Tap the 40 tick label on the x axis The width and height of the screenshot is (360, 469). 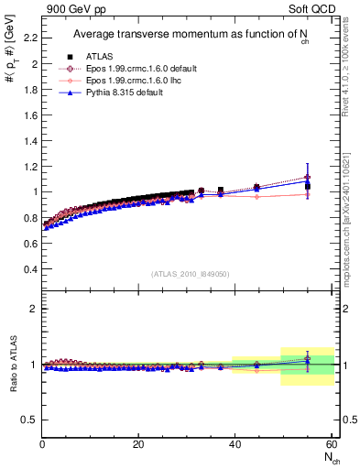[x=235, y=444]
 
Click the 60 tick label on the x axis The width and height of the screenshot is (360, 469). [x=331, y=444]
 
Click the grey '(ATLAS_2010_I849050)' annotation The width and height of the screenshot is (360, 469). [x=191, y=273]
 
